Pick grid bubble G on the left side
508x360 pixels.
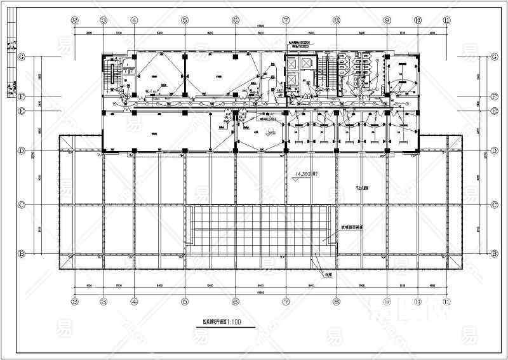coord(22,57)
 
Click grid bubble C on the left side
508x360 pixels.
coord(22,205)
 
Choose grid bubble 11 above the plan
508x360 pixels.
coord(448,20)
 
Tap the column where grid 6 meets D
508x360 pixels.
coord(236,151)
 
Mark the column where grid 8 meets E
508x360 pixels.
coord(336,112)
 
